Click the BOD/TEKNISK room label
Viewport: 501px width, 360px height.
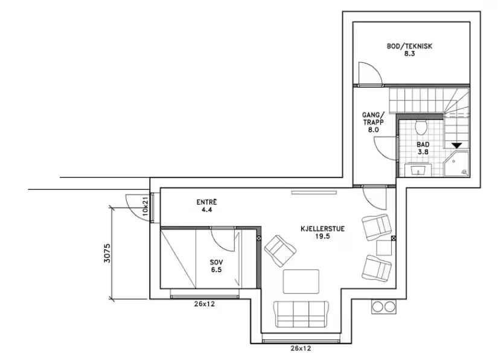409,50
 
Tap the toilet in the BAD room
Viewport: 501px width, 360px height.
421,127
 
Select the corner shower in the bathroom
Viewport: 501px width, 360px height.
456,164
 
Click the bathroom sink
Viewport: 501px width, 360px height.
418,170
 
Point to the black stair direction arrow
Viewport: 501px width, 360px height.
457,146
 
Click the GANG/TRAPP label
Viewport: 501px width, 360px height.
373,122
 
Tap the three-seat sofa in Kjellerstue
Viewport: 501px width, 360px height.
301,314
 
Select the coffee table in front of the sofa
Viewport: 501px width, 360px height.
301,281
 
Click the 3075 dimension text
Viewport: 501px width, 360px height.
107,253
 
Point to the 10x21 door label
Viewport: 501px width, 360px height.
145,206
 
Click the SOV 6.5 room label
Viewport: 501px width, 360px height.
216,266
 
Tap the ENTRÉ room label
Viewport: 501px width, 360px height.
206,206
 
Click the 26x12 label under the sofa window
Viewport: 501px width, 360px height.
301,348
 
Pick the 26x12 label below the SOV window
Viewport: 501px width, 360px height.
205,304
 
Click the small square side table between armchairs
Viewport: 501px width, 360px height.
384,248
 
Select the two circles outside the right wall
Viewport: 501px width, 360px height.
384,307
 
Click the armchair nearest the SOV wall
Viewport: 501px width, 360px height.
280,251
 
